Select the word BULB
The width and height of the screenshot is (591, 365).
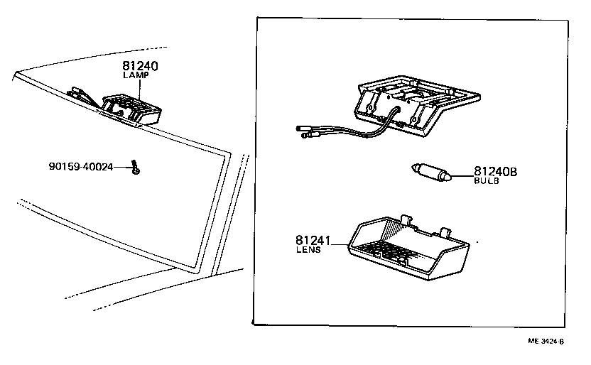coord(487,181)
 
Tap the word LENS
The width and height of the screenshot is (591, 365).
coord(308,251)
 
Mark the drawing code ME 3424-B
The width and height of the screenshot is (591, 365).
coord(545,342)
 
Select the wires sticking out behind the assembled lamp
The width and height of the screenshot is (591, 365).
coord(80,94)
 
